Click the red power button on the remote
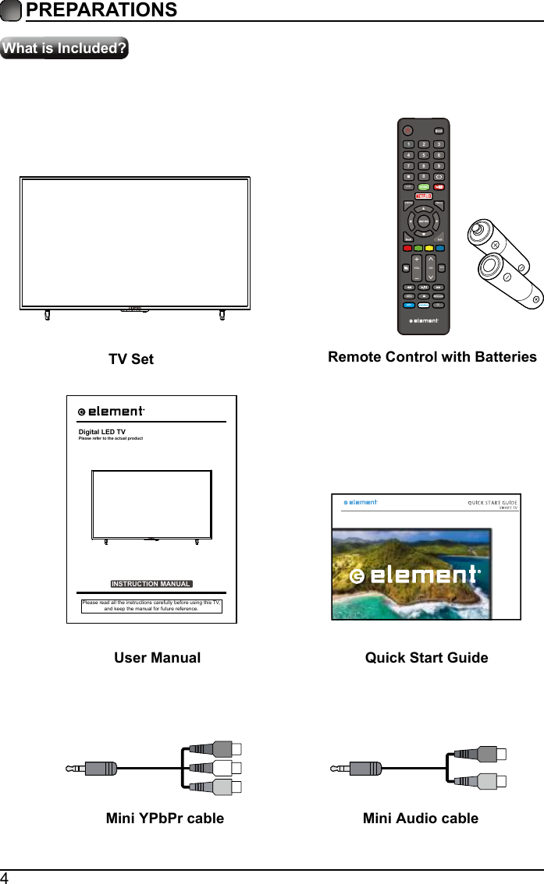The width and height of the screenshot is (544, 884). pos(406,130)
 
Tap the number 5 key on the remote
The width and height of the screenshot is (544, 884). pos(424,155)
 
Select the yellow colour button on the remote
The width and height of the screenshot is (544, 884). pos(428,249)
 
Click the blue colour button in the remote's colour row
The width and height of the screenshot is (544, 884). pos(440,249)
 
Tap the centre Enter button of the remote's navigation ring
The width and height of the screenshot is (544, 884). pos(424,221)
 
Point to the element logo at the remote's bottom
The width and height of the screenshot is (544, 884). pos(424,320)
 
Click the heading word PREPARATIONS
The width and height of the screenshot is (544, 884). pos(101,10)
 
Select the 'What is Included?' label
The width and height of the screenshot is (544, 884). pos(65,48)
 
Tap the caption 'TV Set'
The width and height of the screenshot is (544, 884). pos(131,359)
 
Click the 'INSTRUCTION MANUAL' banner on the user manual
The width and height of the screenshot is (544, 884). pos(151,584)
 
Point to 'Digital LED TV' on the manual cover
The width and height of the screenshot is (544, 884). pos(102,431)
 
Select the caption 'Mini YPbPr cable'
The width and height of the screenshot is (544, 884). pos(165,819)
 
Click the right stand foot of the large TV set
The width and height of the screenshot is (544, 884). pos(222,314)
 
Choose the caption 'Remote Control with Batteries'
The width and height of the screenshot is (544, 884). pos(432,357)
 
